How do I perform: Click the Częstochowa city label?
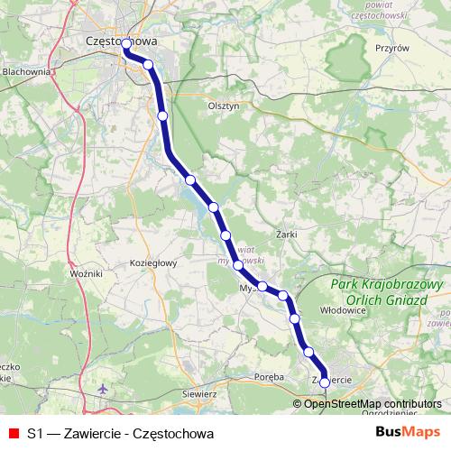(120, 41)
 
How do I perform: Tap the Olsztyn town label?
(223, 106)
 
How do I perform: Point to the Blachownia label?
(27, 70)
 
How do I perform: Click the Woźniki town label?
(86, 272)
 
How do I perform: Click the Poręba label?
(269, 375)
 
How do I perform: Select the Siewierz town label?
(200, 394)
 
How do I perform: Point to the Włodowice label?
(342, 308)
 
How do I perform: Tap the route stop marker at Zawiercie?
(325, 382)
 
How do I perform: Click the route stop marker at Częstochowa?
(126, 44)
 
